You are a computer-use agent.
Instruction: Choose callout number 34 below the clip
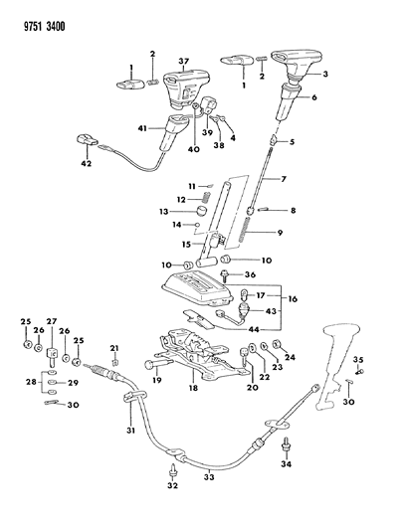coord(287,463)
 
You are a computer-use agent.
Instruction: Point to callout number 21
coord(115,347)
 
